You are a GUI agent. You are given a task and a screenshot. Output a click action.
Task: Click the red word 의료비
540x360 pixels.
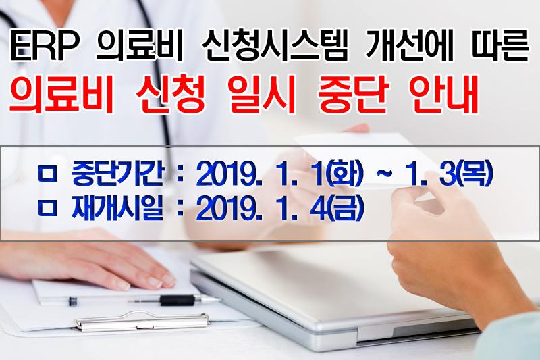point(61,93)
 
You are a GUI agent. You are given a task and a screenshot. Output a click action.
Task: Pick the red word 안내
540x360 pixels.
point(443,93)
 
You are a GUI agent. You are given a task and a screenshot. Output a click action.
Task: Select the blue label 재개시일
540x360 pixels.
point(117,209)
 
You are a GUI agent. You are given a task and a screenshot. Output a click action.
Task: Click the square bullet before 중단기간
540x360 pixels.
point(47,175)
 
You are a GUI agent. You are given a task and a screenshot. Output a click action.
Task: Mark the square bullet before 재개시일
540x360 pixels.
point(47,209)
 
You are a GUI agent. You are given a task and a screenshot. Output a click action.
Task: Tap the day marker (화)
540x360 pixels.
point(344,174)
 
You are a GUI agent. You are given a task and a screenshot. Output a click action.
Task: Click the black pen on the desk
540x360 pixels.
point(144,301)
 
